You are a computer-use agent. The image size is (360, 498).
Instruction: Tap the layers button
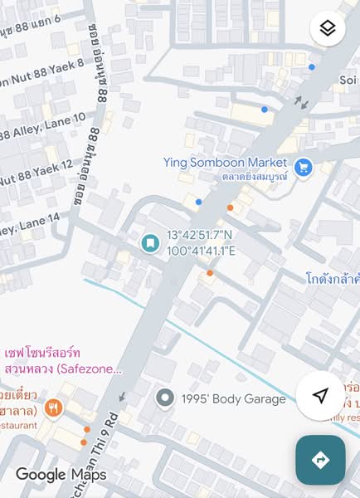click(x=328, y=29)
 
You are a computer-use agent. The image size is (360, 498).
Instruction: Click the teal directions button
click(x=320, y=459)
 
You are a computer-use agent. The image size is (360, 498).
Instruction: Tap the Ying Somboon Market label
click(x=225, y=163)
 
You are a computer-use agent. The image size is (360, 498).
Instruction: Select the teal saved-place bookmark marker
click(x=149, y=243)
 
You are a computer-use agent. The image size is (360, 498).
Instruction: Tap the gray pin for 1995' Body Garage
click(x=165, y=399)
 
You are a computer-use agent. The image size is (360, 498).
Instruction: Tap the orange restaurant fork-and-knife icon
click(x=54, y=408)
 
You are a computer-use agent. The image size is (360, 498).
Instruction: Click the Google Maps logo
click(x=61, y=475)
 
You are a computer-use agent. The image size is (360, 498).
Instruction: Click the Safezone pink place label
click(x=62, y=361)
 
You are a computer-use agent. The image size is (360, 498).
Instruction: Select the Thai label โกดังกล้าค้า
click(x=332, y=277)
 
